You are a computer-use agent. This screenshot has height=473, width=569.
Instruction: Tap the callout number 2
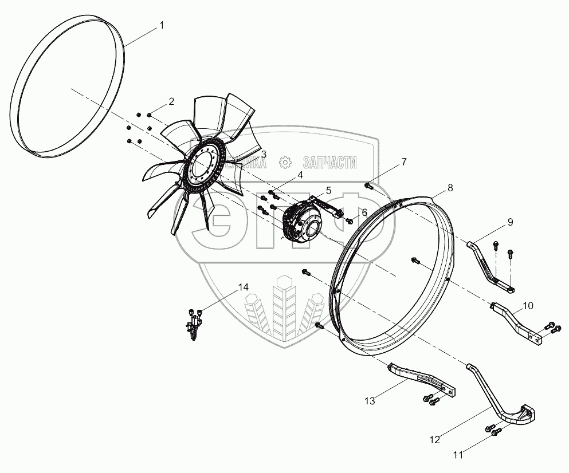171,101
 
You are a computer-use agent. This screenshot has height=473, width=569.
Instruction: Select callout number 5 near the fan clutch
328,190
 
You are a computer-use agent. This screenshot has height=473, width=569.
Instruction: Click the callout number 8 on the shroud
450,187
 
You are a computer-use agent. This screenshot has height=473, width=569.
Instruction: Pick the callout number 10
528,306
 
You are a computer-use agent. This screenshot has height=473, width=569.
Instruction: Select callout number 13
371,401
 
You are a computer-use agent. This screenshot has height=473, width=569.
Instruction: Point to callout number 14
244,287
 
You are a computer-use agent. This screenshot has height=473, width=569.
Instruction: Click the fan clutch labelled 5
304,220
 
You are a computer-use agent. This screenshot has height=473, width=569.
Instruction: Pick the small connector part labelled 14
193,326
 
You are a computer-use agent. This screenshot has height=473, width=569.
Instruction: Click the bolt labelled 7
368,186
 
